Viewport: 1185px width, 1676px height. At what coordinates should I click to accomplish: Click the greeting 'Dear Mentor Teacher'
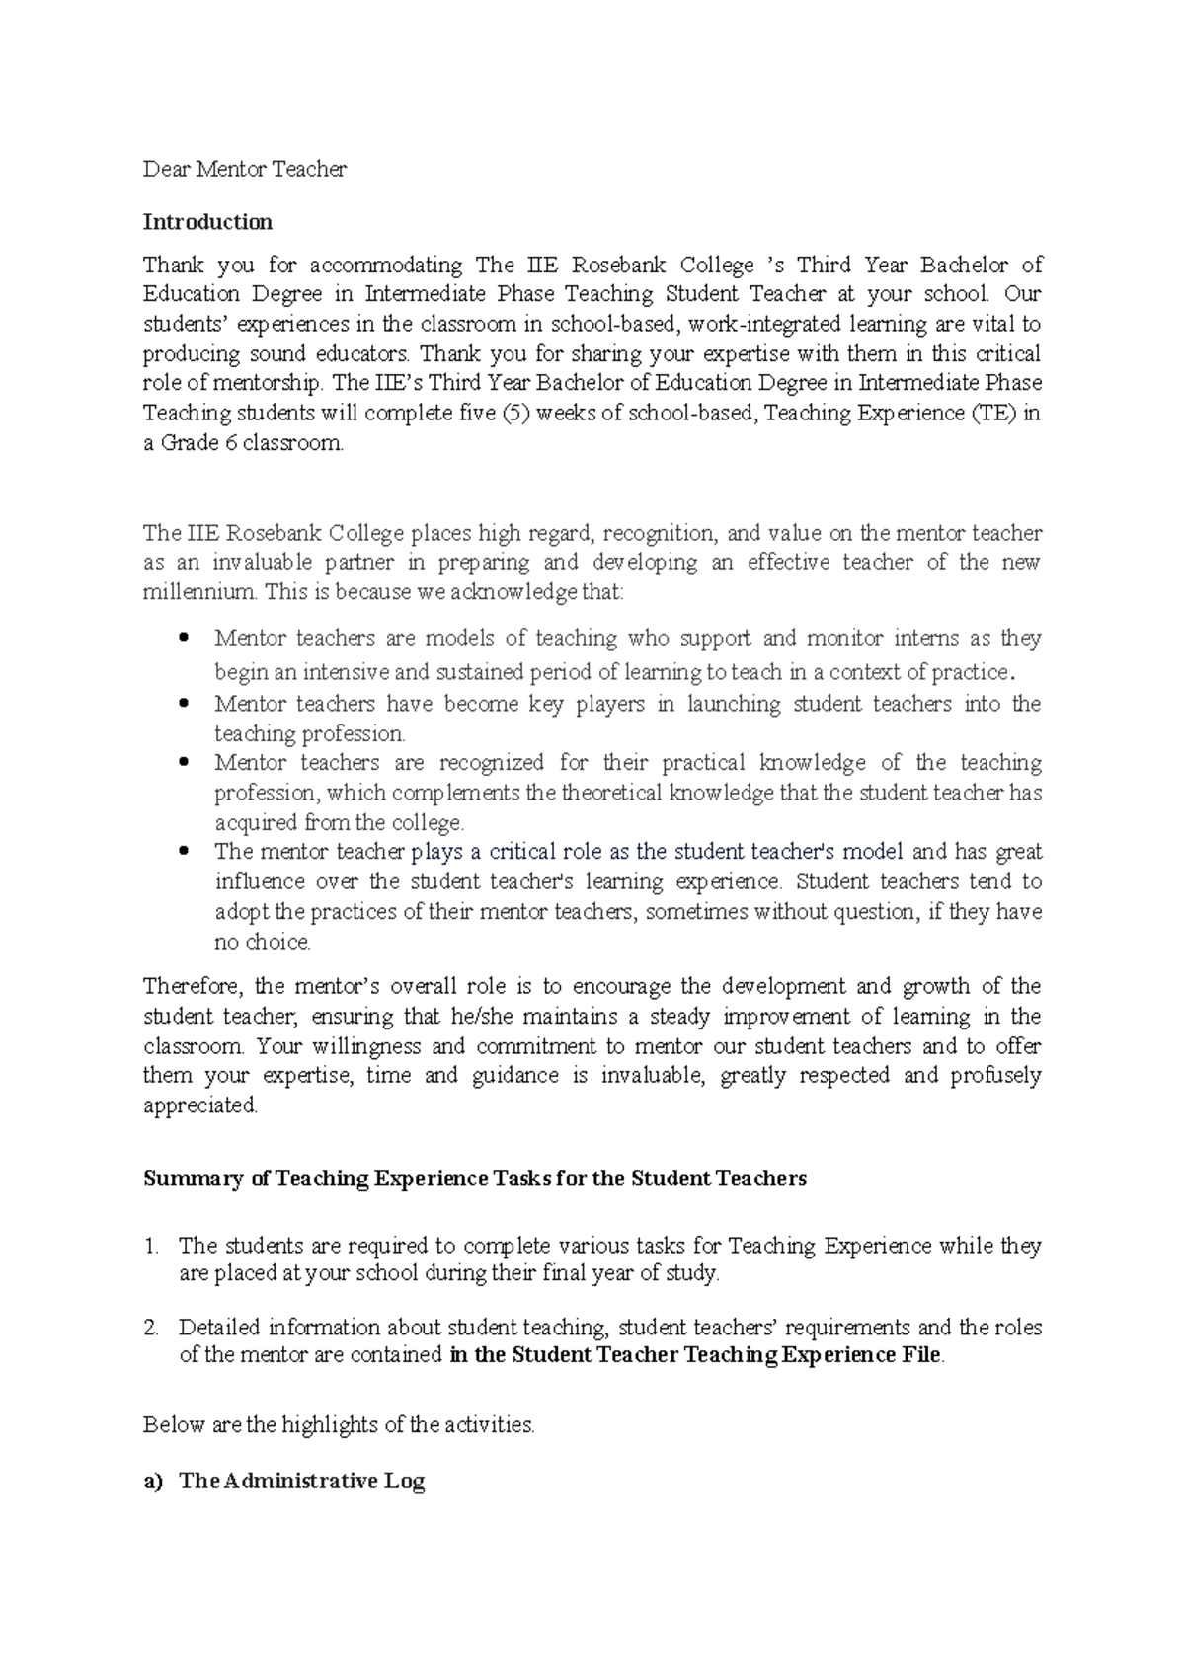245,169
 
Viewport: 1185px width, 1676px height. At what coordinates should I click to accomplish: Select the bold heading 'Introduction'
207,222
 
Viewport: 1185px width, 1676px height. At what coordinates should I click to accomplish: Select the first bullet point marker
183,639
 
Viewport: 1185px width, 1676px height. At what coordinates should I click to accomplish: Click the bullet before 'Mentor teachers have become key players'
183,705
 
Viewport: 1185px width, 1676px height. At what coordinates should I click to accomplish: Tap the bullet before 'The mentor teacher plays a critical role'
183,852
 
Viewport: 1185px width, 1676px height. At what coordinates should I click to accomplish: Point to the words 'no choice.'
263,942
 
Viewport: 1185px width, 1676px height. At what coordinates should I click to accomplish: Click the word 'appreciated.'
200,1105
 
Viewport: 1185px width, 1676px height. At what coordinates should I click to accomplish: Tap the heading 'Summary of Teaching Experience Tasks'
474,1179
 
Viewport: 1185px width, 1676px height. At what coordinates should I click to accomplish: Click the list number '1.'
151,1247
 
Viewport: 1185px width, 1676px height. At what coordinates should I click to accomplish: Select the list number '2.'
151,1328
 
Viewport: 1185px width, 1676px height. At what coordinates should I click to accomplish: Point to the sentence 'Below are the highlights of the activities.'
339,1425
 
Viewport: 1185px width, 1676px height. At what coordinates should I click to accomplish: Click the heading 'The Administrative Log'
301,1482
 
